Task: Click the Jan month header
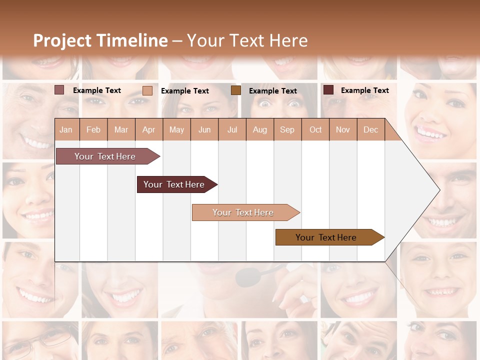(66, 130)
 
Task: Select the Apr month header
(148, 130)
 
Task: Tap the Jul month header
(232, 130)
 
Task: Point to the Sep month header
(287, 130)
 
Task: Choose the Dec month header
(370, 130)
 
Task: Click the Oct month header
(315, 130)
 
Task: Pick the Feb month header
(93, 130)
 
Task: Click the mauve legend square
(59, 90)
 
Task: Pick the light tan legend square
(147, 90)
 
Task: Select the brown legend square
(236, 90)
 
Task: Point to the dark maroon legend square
(328, 90)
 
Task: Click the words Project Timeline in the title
(100, 40)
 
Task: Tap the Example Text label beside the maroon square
(364, 90)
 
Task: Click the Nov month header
(343, 130)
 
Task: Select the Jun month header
(204, 130)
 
